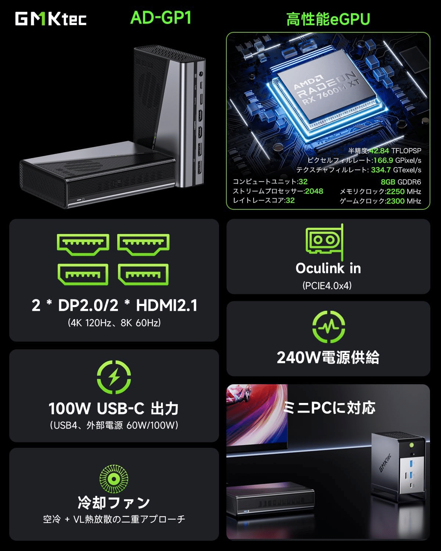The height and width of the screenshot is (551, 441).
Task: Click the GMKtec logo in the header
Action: [x=51, y=19]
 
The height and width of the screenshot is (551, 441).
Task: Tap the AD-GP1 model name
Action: [x=161, y=18]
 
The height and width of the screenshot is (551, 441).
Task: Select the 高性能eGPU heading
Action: [x=328, y=19]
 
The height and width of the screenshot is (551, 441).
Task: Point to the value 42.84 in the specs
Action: [x=379, y=151]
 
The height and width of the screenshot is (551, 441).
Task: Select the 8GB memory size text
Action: [x=388, y=182]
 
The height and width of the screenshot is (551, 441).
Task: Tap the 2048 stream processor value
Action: [x=314, y=191]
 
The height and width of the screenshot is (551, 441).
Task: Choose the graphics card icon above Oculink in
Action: [x=325, y=242]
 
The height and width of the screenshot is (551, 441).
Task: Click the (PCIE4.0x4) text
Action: [x=327, y=285]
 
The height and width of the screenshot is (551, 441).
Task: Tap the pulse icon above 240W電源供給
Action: [x=329, y=327]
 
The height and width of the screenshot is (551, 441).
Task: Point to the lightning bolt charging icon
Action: [x=114, y=377]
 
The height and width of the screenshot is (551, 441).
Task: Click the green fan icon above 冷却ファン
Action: [x=114, y=479]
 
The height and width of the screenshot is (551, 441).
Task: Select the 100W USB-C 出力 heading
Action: [x=114, y=408]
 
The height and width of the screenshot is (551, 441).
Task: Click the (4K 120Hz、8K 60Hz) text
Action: [x=114, y=323]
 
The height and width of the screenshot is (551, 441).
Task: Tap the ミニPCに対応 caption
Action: [x=329, y=407]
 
